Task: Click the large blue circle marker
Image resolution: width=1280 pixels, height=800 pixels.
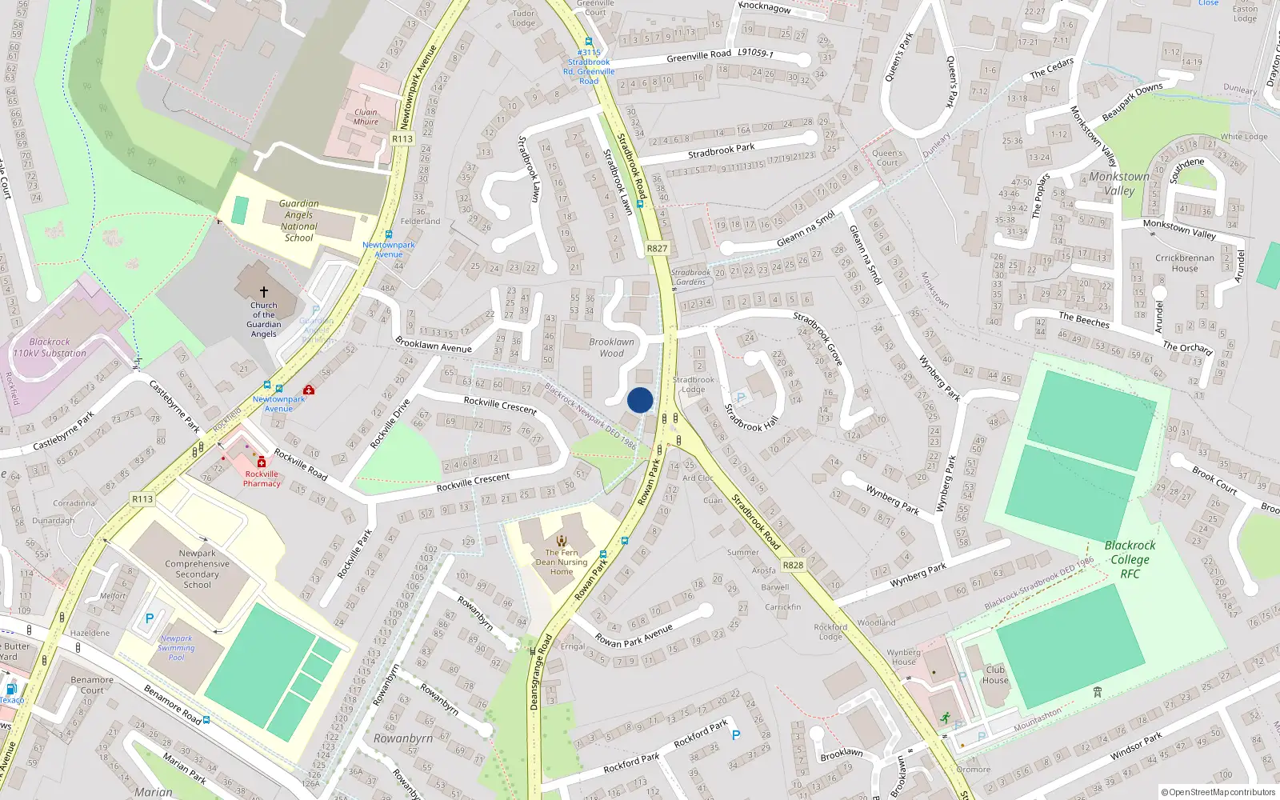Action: tap(640, 400)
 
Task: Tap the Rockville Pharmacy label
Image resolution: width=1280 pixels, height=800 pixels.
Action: tap(262, 478)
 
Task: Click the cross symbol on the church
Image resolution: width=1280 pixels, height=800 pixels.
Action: tap(263, 292)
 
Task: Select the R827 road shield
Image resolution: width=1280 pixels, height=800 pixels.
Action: tap(657, 249)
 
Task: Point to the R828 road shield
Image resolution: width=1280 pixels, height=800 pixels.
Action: tap(793, 565)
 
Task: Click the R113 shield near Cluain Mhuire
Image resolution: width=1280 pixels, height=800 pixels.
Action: tap(402, 139)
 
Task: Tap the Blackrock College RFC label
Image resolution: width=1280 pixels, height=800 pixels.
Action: tap(1130, 559)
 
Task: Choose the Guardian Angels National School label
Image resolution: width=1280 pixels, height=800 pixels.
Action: tap(299, 221)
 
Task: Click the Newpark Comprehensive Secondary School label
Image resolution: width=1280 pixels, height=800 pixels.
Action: tap(197, 569)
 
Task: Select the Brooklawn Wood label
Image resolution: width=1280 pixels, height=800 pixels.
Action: tap(611, 347)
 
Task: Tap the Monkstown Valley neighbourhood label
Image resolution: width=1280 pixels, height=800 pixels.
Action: tap(1119, 183)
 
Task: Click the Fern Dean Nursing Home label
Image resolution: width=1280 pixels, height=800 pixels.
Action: tap(562, 562)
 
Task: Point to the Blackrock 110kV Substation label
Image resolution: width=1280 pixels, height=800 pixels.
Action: tap(50, 347)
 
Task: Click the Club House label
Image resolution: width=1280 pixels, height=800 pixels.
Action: tap(995, 675)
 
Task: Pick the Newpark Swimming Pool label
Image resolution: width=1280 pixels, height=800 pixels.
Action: tap(176, 648)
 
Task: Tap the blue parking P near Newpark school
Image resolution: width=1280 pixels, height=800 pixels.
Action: tap(149, 618)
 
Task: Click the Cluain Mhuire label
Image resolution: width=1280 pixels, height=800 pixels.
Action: tap(366, 117)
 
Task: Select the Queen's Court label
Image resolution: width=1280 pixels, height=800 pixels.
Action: tap(887, 158)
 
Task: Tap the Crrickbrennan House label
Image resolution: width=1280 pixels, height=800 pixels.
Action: tap(1185, 263)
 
